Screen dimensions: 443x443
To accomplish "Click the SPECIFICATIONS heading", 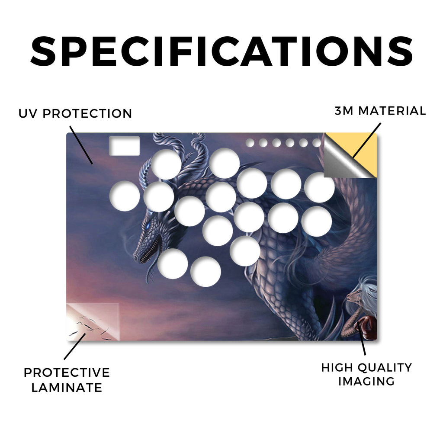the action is click(221, 51).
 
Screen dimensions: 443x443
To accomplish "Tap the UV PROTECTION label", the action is click(75, 114).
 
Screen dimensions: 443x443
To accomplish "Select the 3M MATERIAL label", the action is click(380, 111).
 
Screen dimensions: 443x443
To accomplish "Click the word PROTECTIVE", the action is click(67, 372).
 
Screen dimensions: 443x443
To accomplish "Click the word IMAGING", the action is click(366, 382).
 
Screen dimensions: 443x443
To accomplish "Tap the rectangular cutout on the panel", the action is click(124, 146).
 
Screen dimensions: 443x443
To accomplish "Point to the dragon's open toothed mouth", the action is click(151, 249).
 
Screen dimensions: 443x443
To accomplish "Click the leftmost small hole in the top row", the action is click(250, 143).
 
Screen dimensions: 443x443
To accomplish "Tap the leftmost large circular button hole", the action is click(125, 196).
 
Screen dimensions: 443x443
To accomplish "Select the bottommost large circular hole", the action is click(205, 272).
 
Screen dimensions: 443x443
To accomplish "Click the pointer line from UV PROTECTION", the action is click(81, 145).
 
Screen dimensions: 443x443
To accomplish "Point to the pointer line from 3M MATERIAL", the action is click(367, 140).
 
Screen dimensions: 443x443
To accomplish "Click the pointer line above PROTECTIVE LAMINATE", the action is click(75, 347).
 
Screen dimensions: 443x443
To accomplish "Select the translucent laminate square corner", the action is click(93, 322).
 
